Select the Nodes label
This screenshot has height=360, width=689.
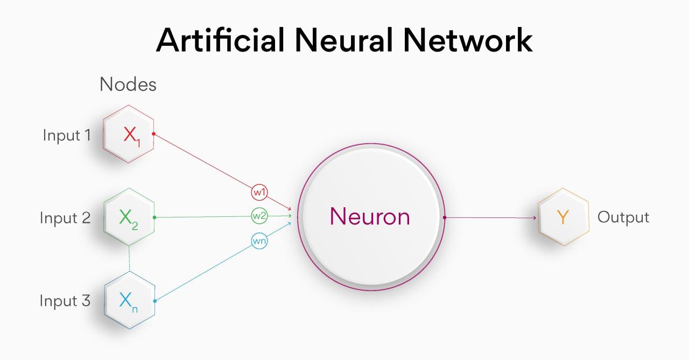(x=128, y=84)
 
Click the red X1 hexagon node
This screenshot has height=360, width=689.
(x=129, y=135)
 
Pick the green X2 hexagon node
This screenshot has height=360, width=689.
(x=129, y=217)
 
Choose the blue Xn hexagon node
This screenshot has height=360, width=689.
(x=129, y=301)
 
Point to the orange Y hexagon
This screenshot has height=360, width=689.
(x=563, y=217)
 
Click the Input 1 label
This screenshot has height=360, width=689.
(x=67, y=135)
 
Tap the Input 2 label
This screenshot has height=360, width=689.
(x=65, y=218)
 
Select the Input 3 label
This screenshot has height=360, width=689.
(x=65, y=301)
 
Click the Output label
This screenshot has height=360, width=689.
(x=623, y=217)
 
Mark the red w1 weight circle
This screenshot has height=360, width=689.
(x=259, y=192)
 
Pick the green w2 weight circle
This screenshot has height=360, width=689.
(x=259, y=216)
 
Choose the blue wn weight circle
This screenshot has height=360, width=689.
(x=259, y=241)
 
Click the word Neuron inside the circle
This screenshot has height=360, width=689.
(x=370, y=217)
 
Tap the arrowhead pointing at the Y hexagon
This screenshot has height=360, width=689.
(x=534, y=218)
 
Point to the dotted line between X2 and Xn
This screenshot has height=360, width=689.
(x=129, y=259)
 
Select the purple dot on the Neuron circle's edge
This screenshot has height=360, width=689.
(x=445, y=217)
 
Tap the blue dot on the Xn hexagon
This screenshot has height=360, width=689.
(x=155, y=301)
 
